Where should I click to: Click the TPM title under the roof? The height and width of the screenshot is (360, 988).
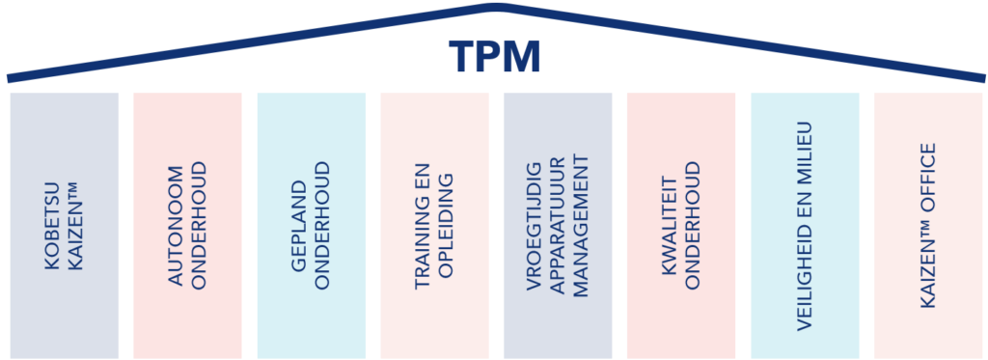tap(494, 57)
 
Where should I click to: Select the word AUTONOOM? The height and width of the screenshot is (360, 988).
tap(178, 226)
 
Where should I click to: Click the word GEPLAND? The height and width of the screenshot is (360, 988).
tap(301, 226)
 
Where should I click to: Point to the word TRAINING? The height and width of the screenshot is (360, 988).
tap(424, 226)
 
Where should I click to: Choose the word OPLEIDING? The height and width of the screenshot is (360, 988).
tap(446, 226)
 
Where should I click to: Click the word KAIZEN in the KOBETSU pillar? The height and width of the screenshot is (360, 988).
tap(75, 235)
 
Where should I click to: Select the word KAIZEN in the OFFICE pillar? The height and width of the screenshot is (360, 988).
tap(928, 270)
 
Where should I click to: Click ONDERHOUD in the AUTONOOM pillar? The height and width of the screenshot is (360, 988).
tap(199, 226)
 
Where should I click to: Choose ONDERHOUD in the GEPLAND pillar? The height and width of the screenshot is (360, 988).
tap(322, 226)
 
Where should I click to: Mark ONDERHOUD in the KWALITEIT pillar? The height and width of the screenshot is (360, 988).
tap(693, 226)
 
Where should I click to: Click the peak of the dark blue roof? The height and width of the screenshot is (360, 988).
tap(496, 7)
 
